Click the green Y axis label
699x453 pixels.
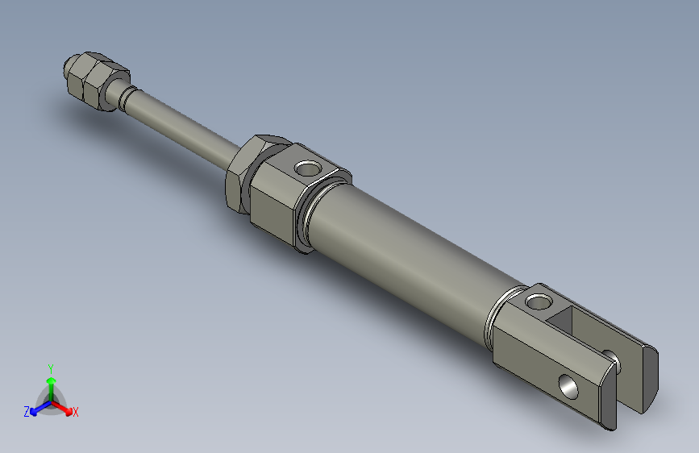point(51,367)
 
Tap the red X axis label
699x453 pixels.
point(76,412)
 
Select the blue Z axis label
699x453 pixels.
point(27,411)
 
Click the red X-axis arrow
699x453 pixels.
point(65,407)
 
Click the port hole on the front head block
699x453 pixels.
point(306,169)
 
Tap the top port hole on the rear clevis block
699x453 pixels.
point(536,304)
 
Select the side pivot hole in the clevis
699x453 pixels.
point(569,387)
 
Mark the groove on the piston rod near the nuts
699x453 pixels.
point(124,94)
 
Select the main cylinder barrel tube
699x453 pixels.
point(403,254)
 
